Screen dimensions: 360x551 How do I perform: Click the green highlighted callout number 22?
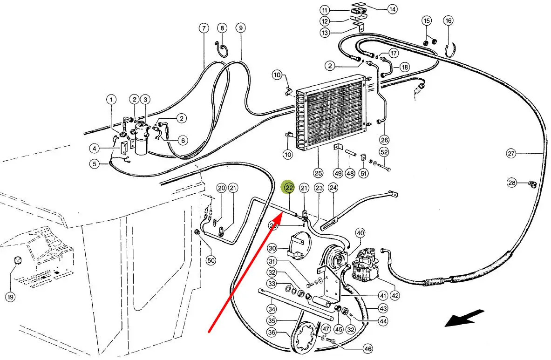point(289,188)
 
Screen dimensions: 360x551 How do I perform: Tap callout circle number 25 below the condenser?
point(318,173)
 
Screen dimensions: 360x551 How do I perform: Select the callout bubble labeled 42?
point(395,295)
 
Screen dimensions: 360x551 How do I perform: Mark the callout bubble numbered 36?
point(272,333)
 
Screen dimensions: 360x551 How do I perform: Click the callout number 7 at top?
point(203,28)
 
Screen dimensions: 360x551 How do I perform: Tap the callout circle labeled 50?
point(211,260)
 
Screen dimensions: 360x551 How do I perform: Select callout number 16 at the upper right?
point(448,21)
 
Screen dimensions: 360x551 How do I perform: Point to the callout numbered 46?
point(368,348)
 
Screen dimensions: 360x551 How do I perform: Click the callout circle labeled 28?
point(512,183)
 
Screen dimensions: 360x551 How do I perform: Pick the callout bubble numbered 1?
point(111,99)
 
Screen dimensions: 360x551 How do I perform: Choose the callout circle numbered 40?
point(360,233)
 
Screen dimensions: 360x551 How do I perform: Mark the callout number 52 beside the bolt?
point(384,152)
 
